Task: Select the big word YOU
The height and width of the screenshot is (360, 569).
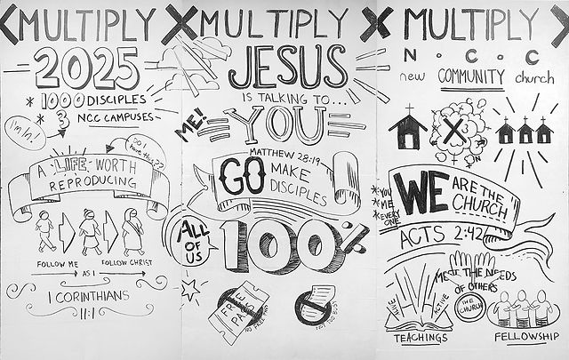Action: coord(282,124)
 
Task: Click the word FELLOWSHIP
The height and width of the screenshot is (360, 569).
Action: coord(528,337)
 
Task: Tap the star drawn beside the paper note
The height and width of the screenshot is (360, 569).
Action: coord(189,288)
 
